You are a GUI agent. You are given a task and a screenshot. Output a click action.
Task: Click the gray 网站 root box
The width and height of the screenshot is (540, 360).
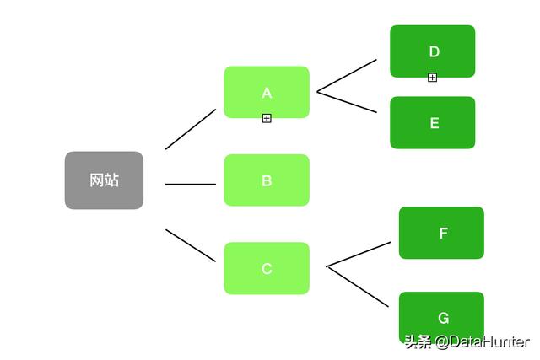(104, 180)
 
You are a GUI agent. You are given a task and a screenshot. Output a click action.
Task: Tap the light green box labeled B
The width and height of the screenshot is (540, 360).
(267, 180)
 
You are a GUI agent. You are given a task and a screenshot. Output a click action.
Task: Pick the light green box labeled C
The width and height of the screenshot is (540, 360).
(267, 268)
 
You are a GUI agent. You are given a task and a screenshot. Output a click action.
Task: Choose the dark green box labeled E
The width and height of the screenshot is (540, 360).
(432, 122)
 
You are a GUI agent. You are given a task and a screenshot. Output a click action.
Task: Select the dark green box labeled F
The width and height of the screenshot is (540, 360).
(441, 233)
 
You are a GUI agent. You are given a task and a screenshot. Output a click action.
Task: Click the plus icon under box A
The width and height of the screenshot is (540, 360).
(267, 119)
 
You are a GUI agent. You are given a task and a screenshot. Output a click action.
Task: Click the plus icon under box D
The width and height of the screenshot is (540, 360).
(433, 78)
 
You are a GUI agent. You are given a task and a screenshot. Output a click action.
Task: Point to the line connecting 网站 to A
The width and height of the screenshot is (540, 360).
(191, 129)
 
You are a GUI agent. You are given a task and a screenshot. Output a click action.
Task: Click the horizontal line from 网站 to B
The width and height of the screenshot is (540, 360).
(191, 183)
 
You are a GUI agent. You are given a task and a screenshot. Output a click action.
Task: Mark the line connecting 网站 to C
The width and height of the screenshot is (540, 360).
(191, 244)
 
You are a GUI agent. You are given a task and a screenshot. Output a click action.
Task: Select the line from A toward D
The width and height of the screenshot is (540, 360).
(347, 75)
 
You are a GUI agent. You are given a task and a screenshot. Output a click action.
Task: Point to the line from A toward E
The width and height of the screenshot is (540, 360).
(347, 101)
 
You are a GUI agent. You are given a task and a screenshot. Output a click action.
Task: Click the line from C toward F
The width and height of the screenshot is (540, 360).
(359, 254)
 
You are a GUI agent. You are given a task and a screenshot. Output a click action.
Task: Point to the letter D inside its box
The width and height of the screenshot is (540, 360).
(434, 51)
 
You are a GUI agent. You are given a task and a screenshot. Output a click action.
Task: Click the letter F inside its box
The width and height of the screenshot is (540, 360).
(443, 234)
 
